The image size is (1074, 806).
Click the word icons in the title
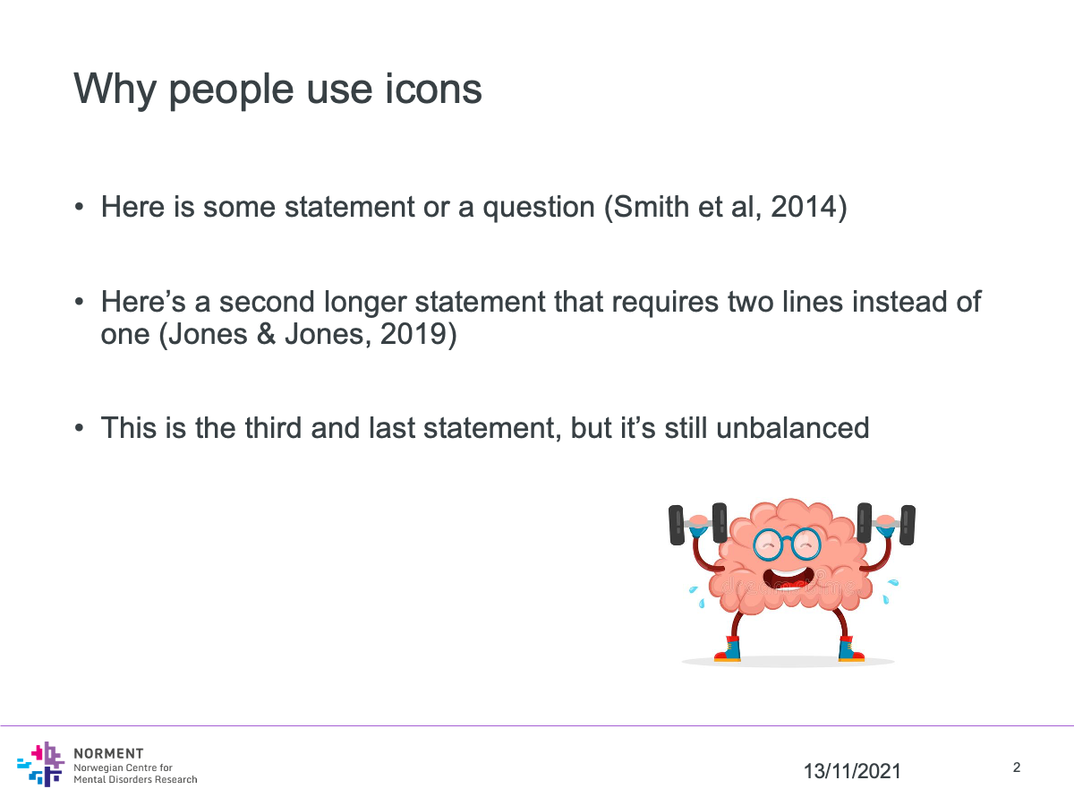coord(433,89)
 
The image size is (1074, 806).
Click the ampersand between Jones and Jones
coord(266,334)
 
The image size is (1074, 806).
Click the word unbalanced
coord(793,428)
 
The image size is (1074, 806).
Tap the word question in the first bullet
coord(539,208)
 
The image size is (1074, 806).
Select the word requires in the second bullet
coord(665,302)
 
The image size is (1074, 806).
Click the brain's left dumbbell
coord(697,524)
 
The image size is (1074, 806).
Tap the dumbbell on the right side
coord(886,524)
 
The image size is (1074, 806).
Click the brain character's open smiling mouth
coord(788,579)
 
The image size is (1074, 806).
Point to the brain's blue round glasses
coord(787,544)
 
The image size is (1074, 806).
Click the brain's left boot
coord(728,649)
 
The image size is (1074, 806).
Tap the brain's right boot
coord(851,649)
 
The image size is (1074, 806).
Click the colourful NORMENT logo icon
coord(41,764)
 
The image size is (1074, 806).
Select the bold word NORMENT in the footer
coord(108,754)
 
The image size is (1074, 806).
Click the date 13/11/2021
coord(852,771)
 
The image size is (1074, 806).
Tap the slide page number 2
coord(1017,767)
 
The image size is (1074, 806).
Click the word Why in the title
coord(115,90)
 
